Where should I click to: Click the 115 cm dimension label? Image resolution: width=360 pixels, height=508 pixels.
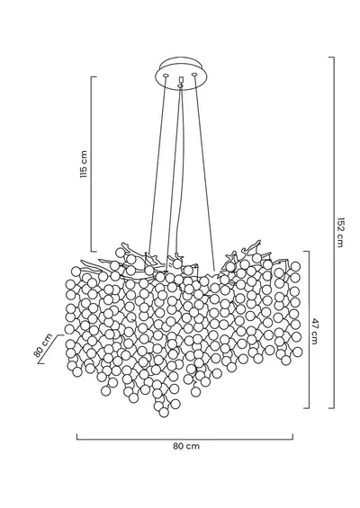[x=84, y=164]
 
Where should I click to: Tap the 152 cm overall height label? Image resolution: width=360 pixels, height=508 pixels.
[x=339, y=232]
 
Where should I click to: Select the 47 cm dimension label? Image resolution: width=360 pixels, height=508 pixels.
[x=315, y=332]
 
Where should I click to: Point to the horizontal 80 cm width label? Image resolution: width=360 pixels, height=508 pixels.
[x=186, y=446]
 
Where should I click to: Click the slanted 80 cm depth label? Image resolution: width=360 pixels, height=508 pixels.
[x=43, y=345]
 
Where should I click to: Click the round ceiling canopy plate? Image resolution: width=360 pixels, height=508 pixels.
[x=180, y=72]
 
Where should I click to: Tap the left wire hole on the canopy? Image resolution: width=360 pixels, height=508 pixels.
[x=166, y=76]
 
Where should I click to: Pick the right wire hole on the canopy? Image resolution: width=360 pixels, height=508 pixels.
[x=194, y=76]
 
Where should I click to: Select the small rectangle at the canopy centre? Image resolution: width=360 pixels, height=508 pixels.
[x=181, y=80]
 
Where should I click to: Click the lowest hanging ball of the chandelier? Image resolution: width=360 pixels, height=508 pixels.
[x=164, y=412]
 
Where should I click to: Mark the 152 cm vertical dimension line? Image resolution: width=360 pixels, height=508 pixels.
[x=334, y=232]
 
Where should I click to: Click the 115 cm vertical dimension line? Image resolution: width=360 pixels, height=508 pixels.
[x=91, y=164]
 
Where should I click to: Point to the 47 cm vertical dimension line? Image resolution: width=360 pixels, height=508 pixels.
[x=309, y=329]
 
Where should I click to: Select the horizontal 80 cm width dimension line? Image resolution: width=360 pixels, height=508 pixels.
[x=184, y=440]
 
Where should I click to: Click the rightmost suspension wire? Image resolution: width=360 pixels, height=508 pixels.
[x=204, y=174]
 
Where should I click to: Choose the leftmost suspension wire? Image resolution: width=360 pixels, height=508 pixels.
[x=157, y=165]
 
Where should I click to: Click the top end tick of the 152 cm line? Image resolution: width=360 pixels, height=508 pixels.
[x=331, y=58]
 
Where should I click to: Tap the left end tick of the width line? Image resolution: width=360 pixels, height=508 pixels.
[x=76, y=437]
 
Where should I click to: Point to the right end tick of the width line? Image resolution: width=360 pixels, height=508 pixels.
[x=292, y=437]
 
